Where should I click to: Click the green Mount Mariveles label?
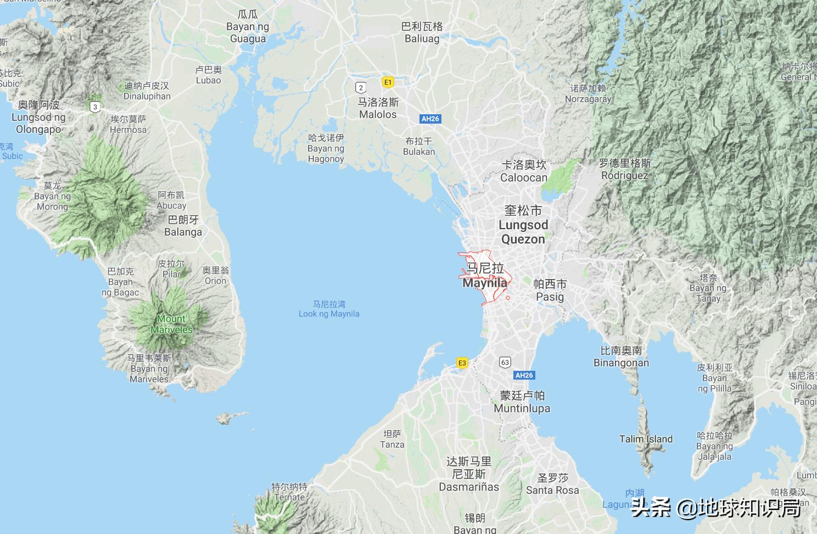click(x=172, y=324)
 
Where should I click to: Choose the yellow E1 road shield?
click(x=388, y=82)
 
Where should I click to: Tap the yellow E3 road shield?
click(x=462, y=363)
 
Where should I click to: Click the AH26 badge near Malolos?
click(x=430, y=119)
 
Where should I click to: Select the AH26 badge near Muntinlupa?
click(x=524, y=375)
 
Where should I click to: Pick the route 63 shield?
click(x=505, y=362)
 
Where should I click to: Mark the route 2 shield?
click(x=361, y=88)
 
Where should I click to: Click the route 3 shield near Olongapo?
click(x=95, y=107)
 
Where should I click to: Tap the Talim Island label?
click(x=646, y=439)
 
